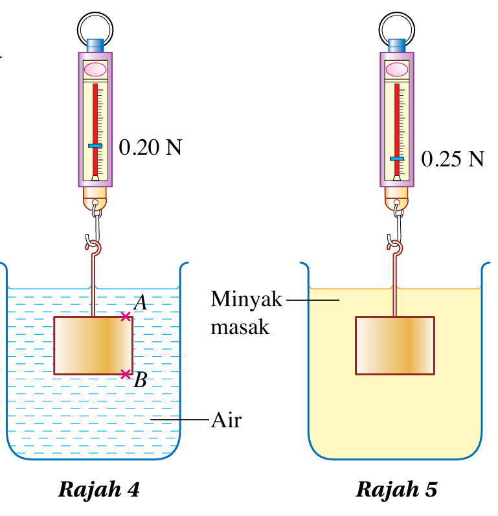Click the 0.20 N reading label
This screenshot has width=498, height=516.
[x=150, y=148]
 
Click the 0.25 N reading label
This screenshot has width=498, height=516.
[x=452, y=159]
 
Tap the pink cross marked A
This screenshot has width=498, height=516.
[x=126, y=316]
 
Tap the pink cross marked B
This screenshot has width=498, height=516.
[x=126, y=374]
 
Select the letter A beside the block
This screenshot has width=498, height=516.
[x=140, y=302]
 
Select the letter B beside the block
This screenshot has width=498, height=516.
[x=140, y=381]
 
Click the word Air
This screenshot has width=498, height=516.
[x=226, y=420]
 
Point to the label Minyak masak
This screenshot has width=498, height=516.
[x=246, y=313]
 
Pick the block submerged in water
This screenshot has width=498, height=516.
[x=93, y=345]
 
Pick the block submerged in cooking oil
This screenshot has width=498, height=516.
[x=394, y=345]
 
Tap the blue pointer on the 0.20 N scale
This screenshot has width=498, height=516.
[x=95, y=146]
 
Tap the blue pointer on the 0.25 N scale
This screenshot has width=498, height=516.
[x=397, y=158]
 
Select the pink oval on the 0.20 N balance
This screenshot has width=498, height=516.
[x=95, y=69]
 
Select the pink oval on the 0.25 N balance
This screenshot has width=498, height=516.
[x=397, y=69]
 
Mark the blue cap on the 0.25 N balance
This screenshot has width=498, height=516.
[x=397, y=45]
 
